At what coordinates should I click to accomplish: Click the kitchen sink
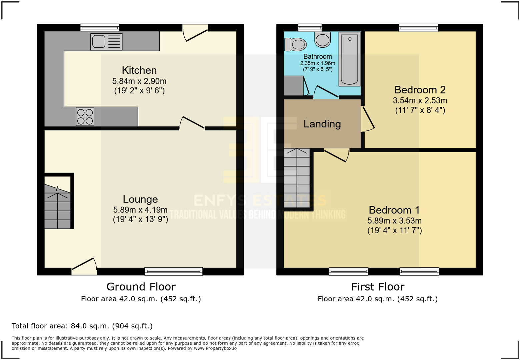point(106,42)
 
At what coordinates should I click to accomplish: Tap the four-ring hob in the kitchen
point(85,117)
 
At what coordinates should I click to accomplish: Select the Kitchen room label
point(139,70)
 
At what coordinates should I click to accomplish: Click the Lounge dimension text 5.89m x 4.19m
point(140,210)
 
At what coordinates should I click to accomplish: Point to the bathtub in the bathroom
point(349,59)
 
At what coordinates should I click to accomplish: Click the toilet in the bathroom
point(295,44)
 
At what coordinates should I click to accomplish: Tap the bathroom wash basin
point(322,40)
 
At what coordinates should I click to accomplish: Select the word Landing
point(322,124)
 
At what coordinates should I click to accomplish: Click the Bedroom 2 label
point(420,90)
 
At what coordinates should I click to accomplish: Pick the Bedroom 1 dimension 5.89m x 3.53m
point(394,221)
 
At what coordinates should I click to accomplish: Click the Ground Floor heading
point(141,287)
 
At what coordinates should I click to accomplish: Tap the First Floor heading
point(378,287)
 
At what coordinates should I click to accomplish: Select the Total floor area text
point(82,326)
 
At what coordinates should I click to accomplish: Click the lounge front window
point(173,272)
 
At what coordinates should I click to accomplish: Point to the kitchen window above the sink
point(100,28)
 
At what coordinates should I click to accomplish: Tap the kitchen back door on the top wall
point(195,33)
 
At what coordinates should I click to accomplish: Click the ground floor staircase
point(58,207)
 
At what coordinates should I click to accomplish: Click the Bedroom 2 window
point(418,28)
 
